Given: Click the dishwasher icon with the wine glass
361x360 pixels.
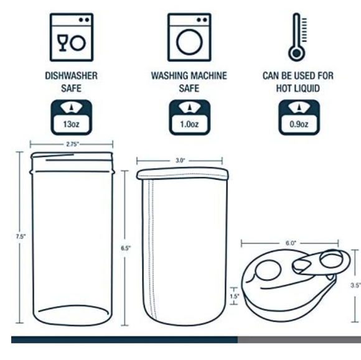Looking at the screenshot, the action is pos(72,37).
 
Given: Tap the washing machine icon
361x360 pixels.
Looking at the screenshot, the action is pos(189,37).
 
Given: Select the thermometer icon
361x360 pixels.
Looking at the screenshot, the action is pos(298,37).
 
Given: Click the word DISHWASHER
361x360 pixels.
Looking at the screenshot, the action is pos(72,76).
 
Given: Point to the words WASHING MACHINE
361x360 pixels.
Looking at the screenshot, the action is pos(189,76).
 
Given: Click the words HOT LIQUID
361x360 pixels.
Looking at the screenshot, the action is pos(298,88).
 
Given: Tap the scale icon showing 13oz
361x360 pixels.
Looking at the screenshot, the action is pos(72,118).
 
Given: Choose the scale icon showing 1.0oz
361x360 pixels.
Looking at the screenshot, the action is pos(189,118).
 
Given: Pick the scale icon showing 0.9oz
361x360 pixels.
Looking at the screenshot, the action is pos(299,118).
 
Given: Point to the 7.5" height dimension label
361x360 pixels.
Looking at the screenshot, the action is pos(21,236).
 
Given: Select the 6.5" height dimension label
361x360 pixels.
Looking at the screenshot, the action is pos(126,248).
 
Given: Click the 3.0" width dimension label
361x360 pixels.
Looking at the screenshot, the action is pos(180,160).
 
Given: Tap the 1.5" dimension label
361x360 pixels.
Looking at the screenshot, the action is pos(235,297).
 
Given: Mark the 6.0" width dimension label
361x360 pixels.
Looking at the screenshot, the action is pos(291,243).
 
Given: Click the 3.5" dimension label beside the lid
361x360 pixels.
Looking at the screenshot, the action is pos(355,285).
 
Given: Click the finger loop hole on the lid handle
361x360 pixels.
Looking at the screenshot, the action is pos(332,260).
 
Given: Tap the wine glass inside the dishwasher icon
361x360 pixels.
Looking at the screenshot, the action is pos(62,43).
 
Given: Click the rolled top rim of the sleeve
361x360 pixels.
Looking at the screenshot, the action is pos(182,173).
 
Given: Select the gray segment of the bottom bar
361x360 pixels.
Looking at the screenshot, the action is pos(299,339).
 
